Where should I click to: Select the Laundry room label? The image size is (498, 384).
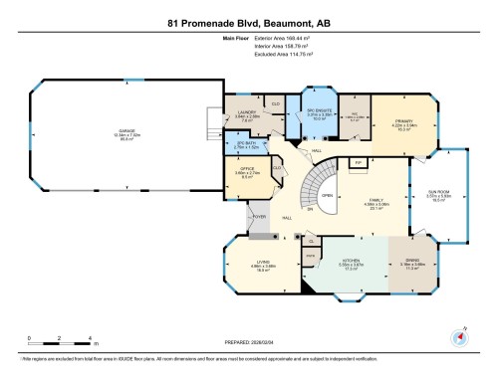[x=249, y=114]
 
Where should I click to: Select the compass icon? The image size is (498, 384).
[x=459, y=337]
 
